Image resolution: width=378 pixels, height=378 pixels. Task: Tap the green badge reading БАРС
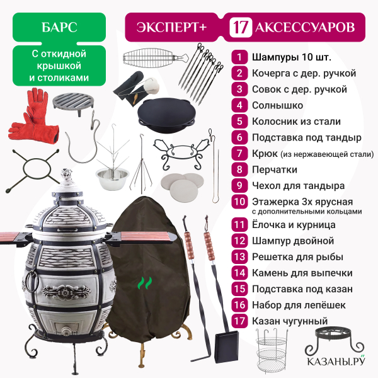coord(59,27)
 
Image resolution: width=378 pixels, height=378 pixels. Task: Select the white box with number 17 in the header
coord(241,27)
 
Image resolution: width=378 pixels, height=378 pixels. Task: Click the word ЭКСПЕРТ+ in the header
coord(171,27)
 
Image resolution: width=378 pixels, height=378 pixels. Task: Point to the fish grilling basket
coord(156,58)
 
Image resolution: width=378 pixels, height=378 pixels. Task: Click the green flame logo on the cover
coord(145,283)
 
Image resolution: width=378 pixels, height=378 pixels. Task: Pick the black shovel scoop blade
coord(227,346)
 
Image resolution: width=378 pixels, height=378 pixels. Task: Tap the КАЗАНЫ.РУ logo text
coord(336,361)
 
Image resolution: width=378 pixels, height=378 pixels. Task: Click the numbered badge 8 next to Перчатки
coord(239,169)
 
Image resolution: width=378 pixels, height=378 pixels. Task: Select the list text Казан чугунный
coord(290,321)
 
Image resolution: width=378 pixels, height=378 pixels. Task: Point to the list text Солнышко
coord(277,105)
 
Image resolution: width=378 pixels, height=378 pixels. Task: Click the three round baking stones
coord(183,186)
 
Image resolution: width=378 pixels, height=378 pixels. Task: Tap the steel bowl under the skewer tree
coord(112,179)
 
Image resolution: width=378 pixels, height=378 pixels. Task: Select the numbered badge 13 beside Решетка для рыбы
coord(239,257)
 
